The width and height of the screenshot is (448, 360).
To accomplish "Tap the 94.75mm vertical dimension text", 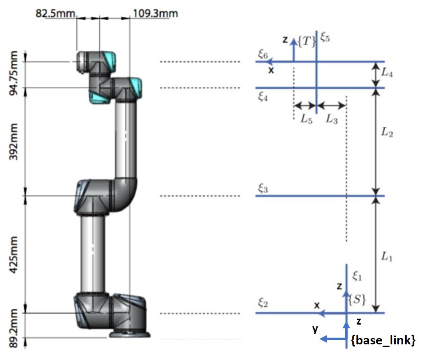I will [14, 73].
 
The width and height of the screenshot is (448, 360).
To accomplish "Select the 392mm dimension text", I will [14, 142].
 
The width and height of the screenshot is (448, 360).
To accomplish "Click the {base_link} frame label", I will [383, 340].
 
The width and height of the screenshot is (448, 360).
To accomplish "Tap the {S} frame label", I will [357, 299].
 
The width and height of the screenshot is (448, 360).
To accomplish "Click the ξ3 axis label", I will [263, 189].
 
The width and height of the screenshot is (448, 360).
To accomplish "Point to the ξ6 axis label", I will [262, 54].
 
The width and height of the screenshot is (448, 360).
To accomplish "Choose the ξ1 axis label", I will [357, 276].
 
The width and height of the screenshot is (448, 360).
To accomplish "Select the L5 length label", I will [306, 119].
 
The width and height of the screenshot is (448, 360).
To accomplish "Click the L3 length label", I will [332, 119].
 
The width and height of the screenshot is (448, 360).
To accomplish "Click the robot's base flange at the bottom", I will [130, 334].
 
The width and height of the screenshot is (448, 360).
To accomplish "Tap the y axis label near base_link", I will [315, 329].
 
